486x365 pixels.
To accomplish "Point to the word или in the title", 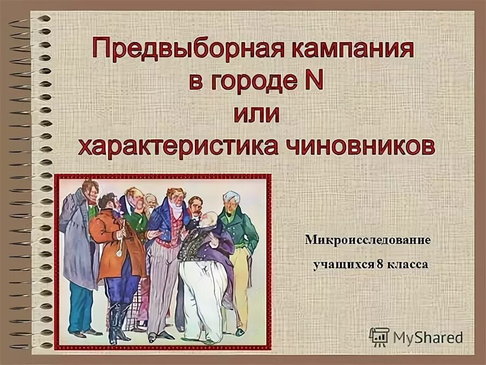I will point(256,114).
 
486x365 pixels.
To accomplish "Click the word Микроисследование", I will point(367,239).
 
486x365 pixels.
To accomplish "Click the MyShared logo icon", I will point(378,337).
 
